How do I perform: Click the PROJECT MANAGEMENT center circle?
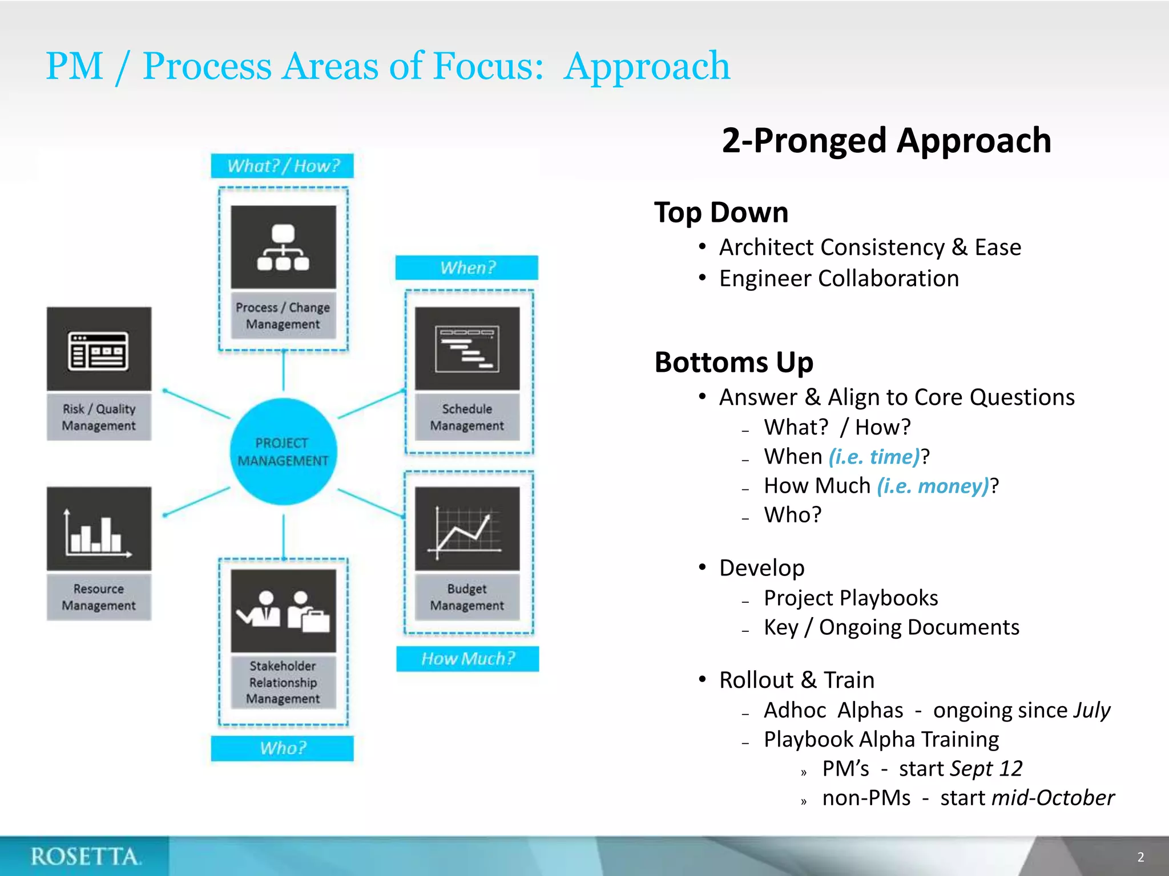(283, 451)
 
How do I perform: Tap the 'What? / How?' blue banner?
(283, 166)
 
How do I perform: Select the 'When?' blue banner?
(467, 267)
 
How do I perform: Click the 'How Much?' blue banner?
(467, 659)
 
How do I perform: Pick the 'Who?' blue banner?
(283, 748)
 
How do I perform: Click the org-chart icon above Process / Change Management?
(283, 247)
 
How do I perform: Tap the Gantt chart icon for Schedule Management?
(467, 348)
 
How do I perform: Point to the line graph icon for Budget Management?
(467, 529)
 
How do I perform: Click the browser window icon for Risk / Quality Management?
(99, 350)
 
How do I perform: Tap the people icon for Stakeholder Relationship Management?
(283, 611)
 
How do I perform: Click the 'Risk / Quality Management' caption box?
(99, 417)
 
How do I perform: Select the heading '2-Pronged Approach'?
(886, 140)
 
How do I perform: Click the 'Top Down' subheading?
(721, 212)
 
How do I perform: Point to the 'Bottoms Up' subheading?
(733, 362)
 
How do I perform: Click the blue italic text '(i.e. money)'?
(933, 486)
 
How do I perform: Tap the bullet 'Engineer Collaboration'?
(839, 278)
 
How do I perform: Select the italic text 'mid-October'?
(1053, 797)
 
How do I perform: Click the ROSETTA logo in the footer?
(86, 856)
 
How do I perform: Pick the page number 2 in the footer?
(1140, 857)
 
